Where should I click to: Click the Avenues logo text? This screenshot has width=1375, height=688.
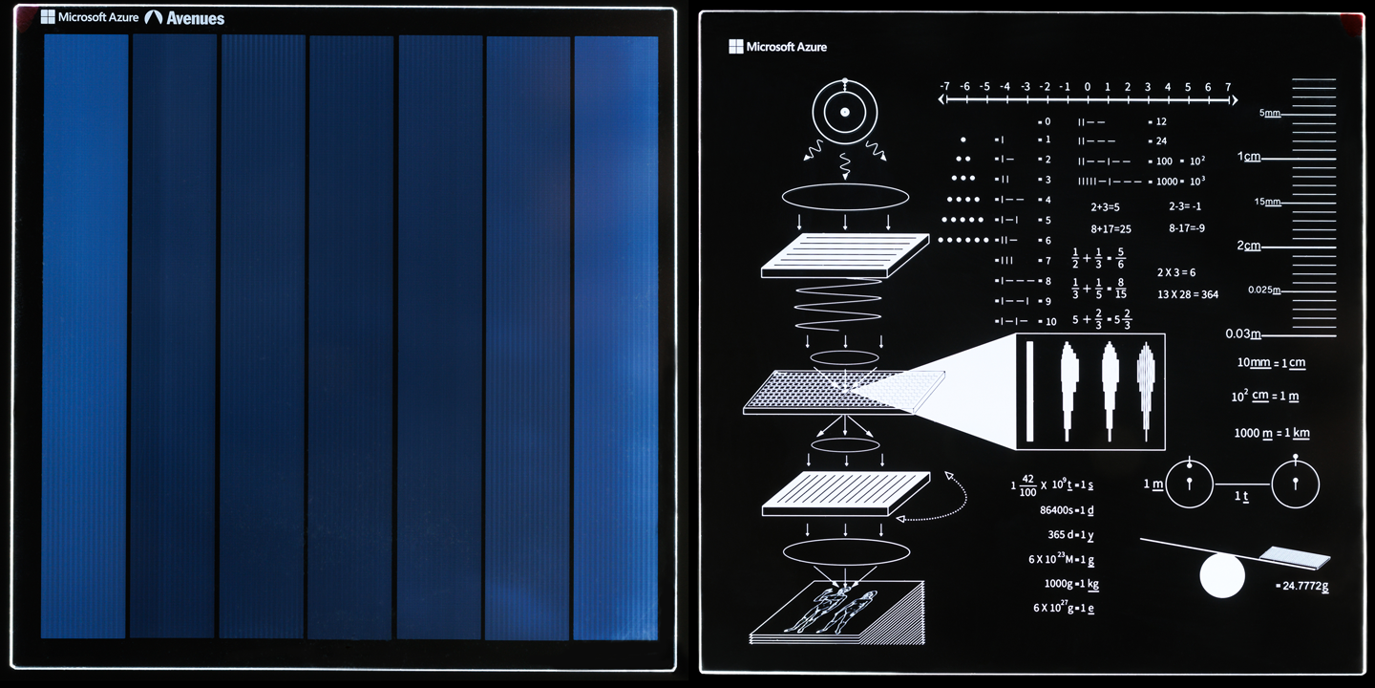point(195,18)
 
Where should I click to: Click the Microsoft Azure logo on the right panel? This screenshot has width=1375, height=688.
point(777,47)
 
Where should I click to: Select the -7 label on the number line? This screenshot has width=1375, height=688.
point(943,87)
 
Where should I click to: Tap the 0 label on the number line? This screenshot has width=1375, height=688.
point(1087,87)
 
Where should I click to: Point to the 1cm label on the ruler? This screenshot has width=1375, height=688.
point(1249,157)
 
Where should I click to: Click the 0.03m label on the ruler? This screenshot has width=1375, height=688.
point(1243,334)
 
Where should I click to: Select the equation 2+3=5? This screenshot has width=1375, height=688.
point(1105,206)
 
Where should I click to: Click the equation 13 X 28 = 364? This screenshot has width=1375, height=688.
point(1187,294)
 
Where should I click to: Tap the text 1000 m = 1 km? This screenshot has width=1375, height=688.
point(1271,433)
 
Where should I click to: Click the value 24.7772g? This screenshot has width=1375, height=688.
point(1304,586)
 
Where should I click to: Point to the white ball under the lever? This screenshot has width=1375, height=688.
point(1222,577)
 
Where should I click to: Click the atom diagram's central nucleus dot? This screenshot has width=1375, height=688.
point(844,113)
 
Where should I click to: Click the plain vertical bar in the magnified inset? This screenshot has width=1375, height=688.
point(1030,392)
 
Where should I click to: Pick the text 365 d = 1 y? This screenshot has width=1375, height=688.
point(1070,535)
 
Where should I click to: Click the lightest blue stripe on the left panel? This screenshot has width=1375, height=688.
point(616,334)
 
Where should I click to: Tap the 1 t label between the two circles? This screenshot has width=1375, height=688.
point(1241,497)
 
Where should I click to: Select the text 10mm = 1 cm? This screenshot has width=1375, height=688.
point(1271,363)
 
